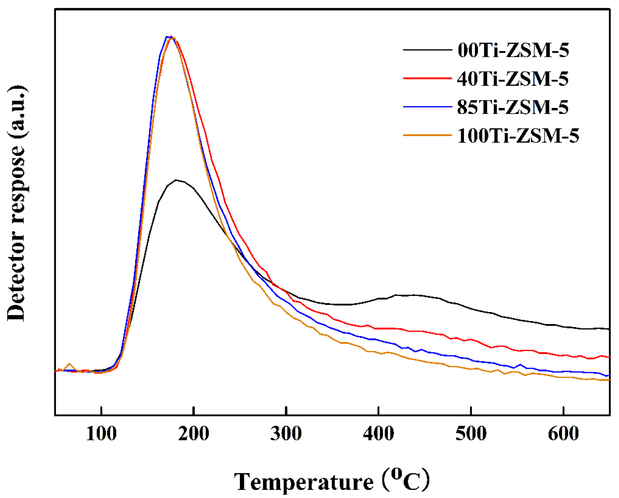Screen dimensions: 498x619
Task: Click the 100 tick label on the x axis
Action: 101,434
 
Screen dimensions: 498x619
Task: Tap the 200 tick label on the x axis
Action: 194,434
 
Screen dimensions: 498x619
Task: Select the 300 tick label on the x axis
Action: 286,434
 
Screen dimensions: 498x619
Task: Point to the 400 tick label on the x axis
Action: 378,434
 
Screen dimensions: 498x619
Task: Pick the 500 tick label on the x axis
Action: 471,434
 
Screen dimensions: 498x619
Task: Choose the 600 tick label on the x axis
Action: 563,434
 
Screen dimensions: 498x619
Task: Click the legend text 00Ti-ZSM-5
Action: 513,50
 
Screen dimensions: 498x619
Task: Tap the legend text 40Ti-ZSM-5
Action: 513,78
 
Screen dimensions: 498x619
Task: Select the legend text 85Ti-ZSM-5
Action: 513,107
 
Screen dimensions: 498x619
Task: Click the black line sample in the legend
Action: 427,50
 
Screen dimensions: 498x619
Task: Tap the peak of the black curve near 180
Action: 177,180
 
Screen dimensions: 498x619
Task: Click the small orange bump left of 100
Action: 70,364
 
